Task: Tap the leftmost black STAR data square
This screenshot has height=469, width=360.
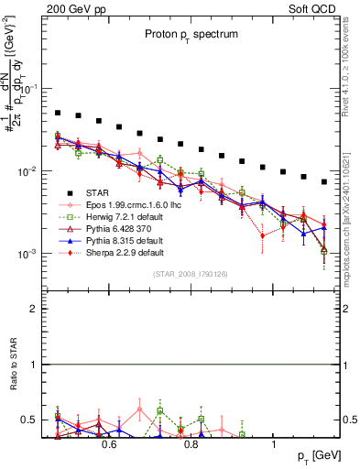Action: [x=57, y=113]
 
